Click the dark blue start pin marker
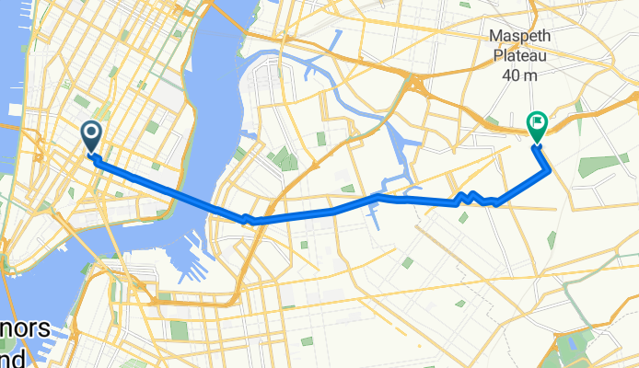(x=92, y=136)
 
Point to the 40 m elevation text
(x=524, y=76)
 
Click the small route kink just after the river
(x=246, y=219)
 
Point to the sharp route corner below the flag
(x=549, y=169)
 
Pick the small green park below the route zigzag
(x=462, y=218)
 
